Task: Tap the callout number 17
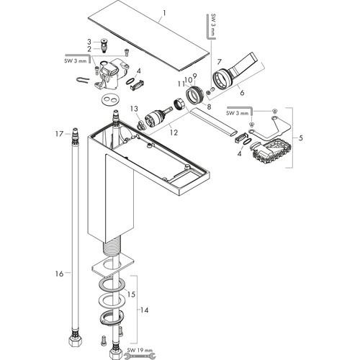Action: [59, 134]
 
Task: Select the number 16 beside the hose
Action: [59, 274]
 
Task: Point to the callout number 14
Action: [144, 310]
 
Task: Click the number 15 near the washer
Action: [131, 294]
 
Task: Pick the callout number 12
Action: [174, 132]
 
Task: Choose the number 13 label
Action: [134, 109]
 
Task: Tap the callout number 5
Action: [301, 138]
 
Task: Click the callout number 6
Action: [242, 92]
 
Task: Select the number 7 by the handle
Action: [219, 62]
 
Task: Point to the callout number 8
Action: [209, 107]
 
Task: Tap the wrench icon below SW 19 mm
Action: [140, 356]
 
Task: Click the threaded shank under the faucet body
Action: [112, 247]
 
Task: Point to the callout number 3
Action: [89, 42]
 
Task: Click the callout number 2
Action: [89, 49]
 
